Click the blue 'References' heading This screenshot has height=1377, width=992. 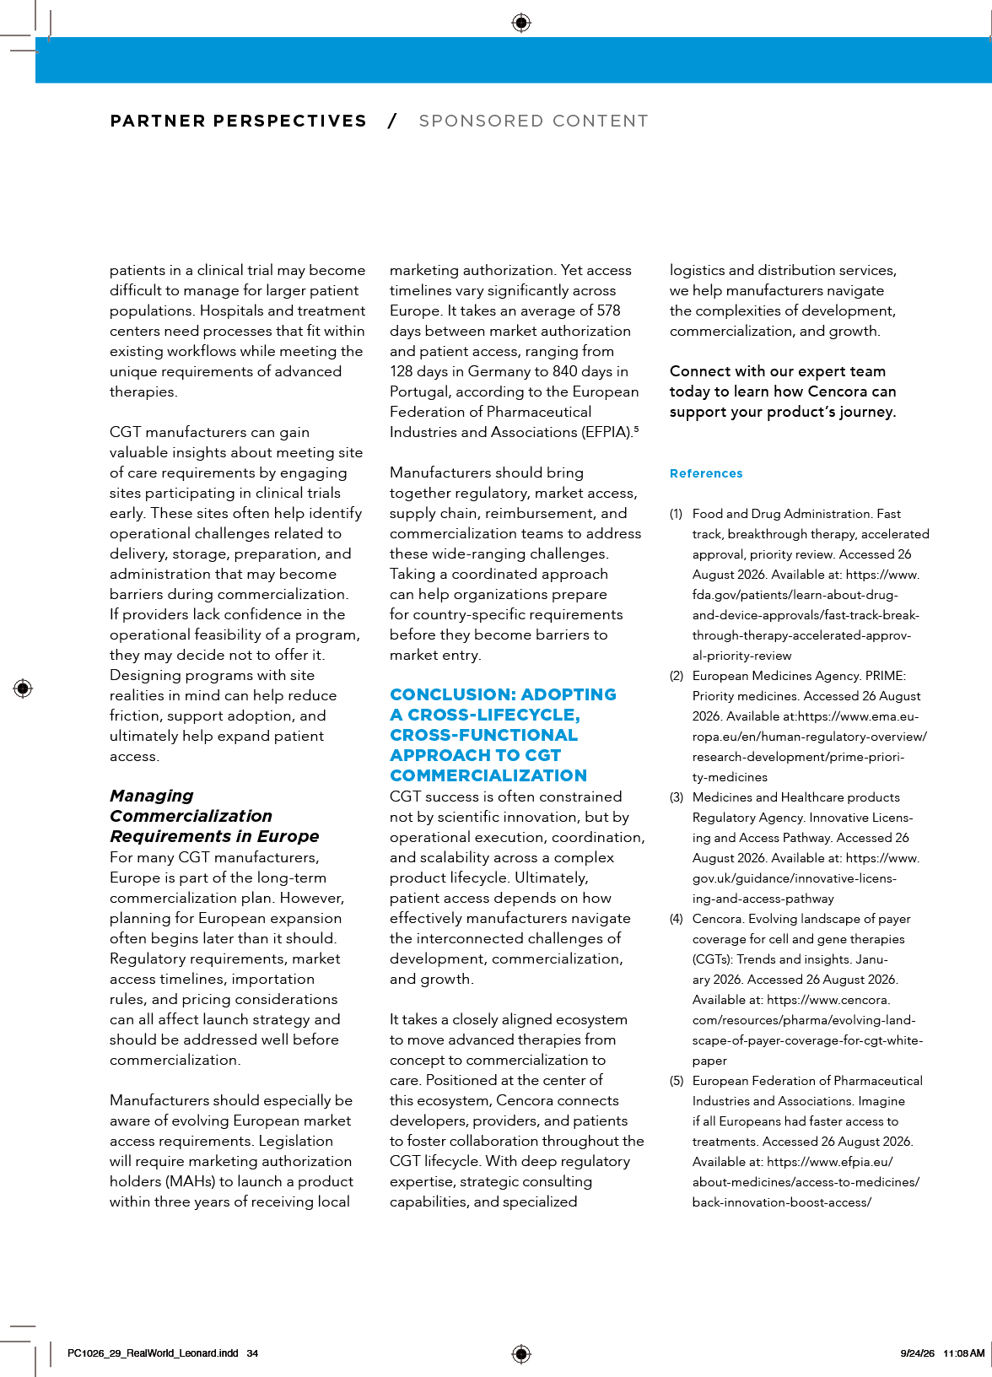click(x=705, y=473)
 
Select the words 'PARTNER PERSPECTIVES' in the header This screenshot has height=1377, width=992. click(x=238, y=121)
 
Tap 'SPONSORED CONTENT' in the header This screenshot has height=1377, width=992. click(x=533, y=121)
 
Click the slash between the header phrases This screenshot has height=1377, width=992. click(x=392, y=121)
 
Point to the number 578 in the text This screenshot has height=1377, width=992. click(x=608, y=311)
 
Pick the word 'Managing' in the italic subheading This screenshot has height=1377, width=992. click(x=151, y=796)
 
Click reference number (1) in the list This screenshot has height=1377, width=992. click(x=676, y=514)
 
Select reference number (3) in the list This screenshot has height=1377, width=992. click(x=676, y=797)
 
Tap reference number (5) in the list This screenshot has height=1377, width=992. click(x=676, y=1081)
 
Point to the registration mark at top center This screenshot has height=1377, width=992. click(x=521, y=23)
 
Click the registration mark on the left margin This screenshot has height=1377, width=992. click(x=23, y=688)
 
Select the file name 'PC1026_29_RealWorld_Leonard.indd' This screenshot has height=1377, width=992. click(x=153, y=1353)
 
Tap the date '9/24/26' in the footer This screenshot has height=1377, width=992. click(x=917, y=1353)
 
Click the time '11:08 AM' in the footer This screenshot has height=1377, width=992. click(x=963, y=1353)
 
